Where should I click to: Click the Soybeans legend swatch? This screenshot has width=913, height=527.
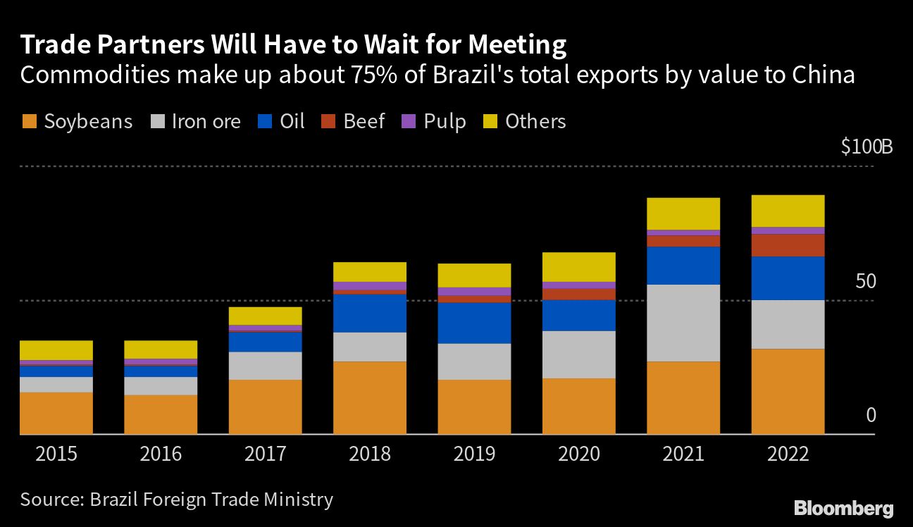(29, 122)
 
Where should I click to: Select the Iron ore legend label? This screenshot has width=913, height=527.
(206, 122)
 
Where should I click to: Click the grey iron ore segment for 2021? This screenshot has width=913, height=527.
(683, 323)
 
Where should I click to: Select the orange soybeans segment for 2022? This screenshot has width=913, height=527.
(788, 391)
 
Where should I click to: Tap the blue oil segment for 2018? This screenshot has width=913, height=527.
(370, 313)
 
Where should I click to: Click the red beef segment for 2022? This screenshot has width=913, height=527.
(788, 245)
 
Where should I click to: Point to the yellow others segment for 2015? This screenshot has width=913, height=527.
(56, 350)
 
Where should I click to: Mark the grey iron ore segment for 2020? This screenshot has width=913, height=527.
(579, 354)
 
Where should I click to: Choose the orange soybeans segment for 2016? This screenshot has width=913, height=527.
(161, 414)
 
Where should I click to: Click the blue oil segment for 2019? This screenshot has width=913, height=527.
(474, 323)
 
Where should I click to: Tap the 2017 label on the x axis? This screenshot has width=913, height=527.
(265, 453)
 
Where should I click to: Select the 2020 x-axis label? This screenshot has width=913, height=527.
(579, 453)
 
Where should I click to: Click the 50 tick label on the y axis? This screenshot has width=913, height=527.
(864, 281)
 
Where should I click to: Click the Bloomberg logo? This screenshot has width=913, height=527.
(843, 508)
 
